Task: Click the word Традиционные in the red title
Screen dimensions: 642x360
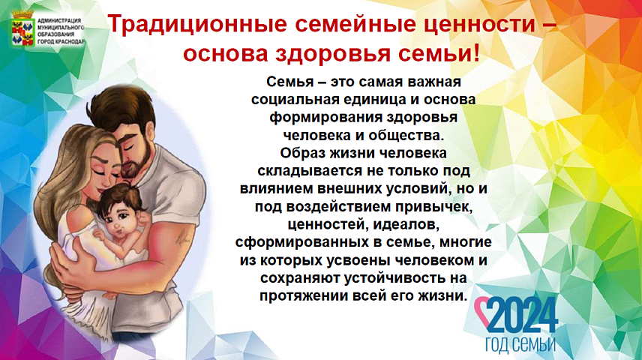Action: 197,24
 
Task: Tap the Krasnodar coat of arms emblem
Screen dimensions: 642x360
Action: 23,29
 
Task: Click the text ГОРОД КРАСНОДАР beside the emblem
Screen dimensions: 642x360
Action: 61,42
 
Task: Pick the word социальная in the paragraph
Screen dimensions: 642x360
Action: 295,100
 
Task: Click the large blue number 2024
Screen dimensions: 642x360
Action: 522,315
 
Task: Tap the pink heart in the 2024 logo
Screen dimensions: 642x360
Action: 483,312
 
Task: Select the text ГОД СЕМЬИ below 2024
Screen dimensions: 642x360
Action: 520,345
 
